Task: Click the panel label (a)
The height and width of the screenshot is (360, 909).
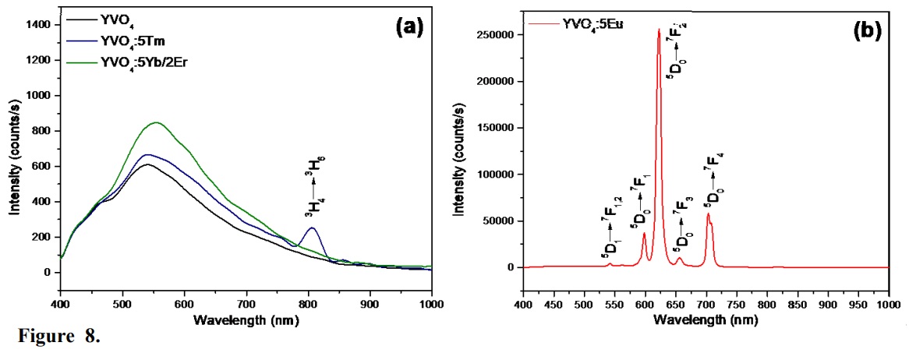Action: tap(409, 26)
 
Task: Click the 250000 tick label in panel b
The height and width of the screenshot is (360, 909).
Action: tap(496, 35)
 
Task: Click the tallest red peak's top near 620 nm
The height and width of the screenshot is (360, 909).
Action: tap(659, 30)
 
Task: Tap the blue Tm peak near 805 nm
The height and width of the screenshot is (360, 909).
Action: tap(312, 228)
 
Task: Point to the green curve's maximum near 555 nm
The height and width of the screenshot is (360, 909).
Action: tap(156, 122)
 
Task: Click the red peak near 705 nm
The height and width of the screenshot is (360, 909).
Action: tap(708, 214)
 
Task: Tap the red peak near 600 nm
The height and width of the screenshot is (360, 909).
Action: tap(645, 233)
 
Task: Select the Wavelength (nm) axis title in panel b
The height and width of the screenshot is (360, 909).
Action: tap(706, 319)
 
